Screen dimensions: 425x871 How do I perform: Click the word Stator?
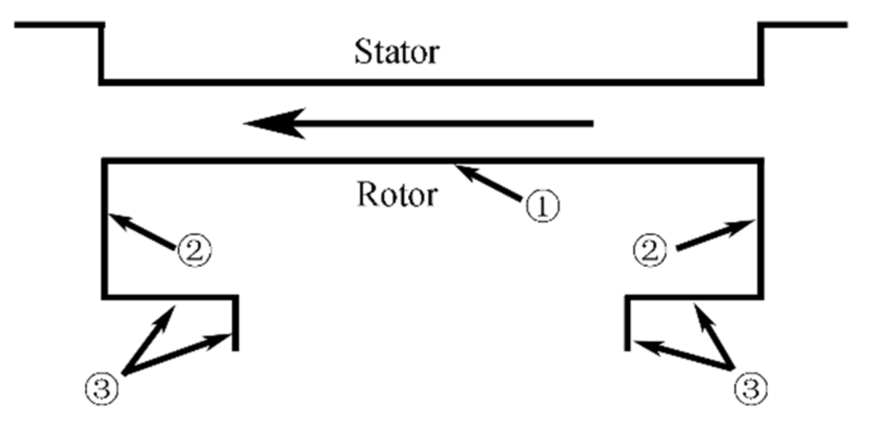[x=397, y=52]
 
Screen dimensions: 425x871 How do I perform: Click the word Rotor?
[x=397, y=195]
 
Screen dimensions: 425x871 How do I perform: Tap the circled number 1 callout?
[x=543, y=206]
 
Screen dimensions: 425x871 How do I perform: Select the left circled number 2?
[x=195, y=251]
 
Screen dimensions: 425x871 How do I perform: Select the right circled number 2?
[x=650, y=251]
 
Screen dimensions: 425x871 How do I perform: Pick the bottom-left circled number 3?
[x=102, y=388]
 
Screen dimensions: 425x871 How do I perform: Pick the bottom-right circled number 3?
[x=751, y=388]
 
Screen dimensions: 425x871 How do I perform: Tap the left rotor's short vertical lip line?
[x=235, y=323]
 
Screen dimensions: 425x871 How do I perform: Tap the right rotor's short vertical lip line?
[x=628, y=323]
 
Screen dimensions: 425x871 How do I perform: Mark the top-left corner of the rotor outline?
[x=105, y=161]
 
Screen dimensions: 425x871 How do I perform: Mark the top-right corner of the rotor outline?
[x=760, y=161]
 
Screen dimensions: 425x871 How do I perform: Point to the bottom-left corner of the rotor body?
[x=105, y=296]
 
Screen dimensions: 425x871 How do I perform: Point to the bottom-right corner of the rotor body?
[x=760, y=296]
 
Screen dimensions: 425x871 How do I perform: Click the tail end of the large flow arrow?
[x=592, y=123]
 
